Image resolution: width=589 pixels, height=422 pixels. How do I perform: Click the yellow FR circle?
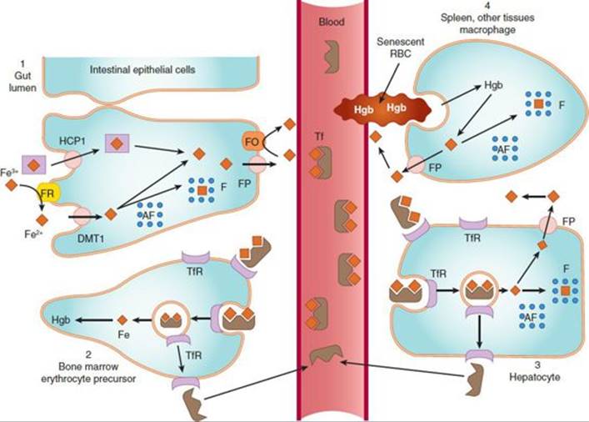48,193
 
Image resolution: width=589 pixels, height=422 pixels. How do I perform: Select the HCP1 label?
72,141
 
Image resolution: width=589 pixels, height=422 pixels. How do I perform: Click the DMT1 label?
92,238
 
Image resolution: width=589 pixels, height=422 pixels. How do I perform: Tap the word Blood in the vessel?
332,22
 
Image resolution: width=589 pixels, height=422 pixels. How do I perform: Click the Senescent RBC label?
401,47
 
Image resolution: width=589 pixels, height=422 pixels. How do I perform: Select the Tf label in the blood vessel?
319,137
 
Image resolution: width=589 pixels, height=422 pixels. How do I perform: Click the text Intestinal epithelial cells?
142,69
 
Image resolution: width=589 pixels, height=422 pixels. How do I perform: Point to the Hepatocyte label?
535,377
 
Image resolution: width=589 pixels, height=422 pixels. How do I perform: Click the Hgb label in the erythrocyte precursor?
61,320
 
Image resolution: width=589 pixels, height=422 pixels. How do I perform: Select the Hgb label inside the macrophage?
493,85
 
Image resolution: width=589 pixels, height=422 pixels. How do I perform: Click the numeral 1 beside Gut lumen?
23,64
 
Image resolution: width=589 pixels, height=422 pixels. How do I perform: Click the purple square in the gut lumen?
34,165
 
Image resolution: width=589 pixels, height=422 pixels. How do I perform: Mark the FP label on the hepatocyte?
568,222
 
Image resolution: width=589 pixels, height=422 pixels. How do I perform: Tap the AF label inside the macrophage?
503,149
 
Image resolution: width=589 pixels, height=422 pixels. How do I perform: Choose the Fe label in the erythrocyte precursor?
123,334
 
